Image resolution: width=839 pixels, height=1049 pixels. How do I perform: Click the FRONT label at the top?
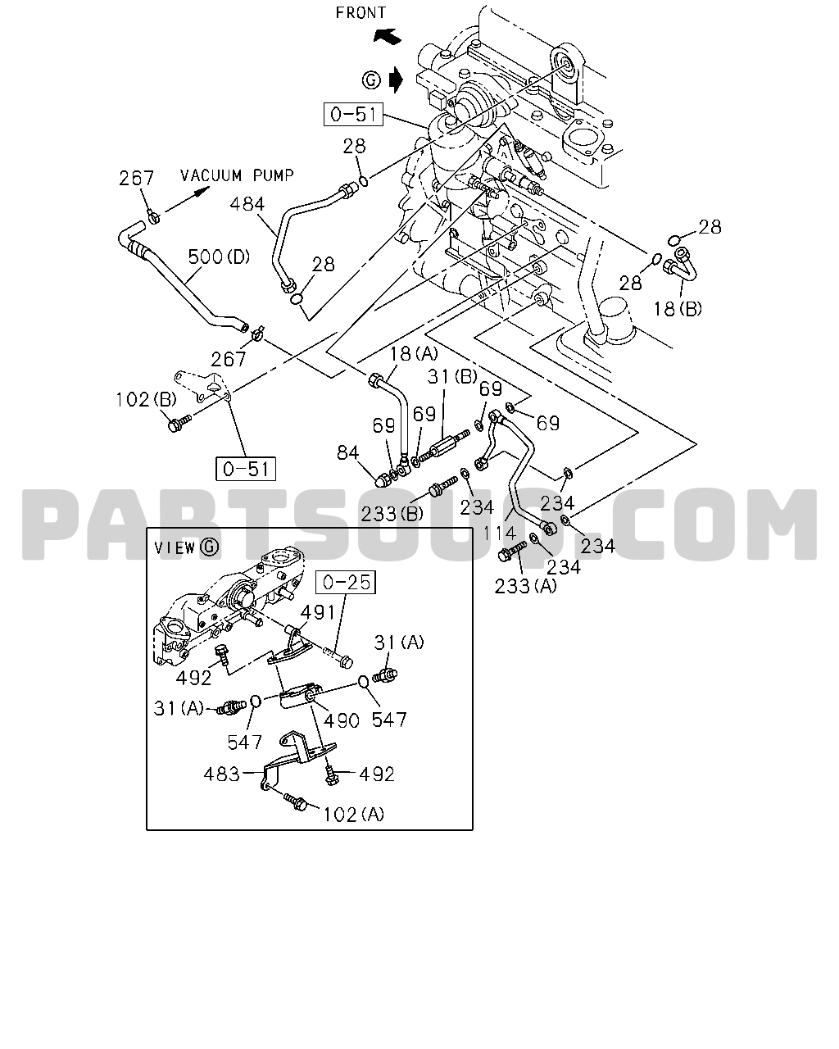click(x=361, y=12)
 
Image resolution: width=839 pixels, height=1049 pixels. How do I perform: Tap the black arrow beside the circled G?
click(x=397, y=79)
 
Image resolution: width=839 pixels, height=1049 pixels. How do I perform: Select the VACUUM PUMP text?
click(x=237, y=175)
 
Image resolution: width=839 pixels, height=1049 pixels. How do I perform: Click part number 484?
click(x=247, y=204)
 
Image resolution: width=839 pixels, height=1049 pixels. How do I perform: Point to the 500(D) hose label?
click(x=219, y=257)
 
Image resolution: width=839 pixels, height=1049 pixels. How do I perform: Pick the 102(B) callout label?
click(x=146, y=400)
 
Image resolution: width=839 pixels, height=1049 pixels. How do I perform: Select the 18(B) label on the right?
click(x=677, y=309)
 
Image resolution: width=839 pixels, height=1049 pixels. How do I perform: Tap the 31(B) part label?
click(x=452, y=376)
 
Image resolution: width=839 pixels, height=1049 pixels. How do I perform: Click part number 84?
click(x=348, y=453)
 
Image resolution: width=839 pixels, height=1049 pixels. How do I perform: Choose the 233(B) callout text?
click(x=392, y=514)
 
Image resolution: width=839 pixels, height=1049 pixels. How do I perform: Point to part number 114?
click(x=500, y=534)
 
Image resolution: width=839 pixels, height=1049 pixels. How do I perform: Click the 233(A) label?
click(x=525, y=587)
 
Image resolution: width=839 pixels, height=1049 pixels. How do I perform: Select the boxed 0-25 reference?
click(x=346, y=582)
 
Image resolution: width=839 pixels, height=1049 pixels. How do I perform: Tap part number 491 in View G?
click(x=317, y=612)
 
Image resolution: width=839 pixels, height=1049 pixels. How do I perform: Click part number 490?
click(x=342, y=720)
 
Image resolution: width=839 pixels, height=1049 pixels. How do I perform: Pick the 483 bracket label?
click(x=221, y=774)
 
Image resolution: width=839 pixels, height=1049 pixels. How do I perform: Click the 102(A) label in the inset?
click(x=353, y=815)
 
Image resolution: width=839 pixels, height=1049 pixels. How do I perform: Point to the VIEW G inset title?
click(x=187, y=548)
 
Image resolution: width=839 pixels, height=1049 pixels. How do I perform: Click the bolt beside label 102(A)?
click(x=296, y=802)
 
